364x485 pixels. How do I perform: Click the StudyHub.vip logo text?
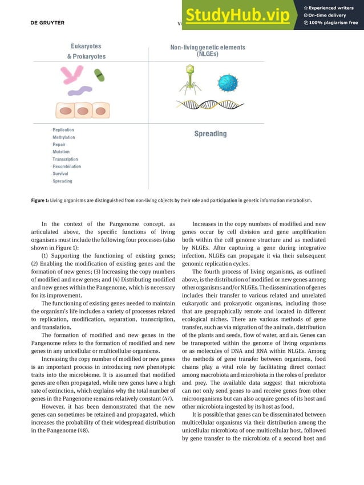coord(237,15)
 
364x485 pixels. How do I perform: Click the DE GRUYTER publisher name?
coord(47,23)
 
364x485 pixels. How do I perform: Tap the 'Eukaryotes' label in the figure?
coord(86,46)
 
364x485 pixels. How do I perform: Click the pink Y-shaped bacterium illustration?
coord(73,74)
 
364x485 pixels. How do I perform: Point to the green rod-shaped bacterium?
coord(99,75)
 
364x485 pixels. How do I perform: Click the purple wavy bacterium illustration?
coord(80,91)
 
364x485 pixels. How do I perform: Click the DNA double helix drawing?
coord(210,104)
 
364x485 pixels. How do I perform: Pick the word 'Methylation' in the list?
coord(63,137)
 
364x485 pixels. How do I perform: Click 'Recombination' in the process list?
coord(67,166)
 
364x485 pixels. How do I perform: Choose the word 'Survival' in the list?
coord(60,174)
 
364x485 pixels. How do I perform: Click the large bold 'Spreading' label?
coord(210,134)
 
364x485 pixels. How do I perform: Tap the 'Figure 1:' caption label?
coord(39,201)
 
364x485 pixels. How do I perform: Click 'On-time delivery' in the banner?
coord(330,15)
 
